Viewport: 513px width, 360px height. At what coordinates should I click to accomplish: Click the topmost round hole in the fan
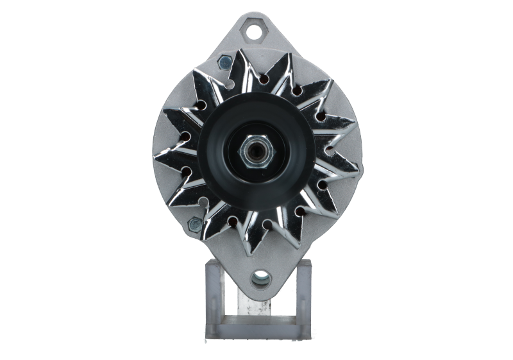(x=264, y=80)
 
